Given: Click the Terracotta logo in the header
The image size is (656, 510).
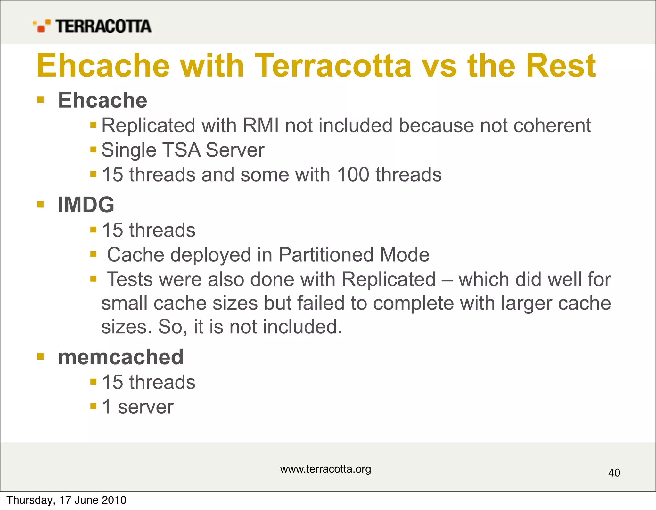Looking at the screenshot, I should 92,26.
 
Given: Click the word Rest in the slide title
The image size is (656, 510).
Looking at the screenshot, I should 561,66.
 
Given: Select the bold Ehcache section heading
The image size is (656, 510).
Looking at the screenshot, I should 102,100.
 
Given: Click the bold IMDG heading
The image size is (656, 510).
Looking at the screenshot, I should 86,205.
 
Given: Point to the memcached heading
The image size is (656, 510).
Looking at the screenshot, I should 121,357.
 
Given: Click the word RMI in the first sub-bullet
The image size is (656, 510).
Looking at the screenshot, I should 260,125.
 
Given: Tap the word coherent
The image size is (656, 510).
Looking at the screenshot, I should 552,125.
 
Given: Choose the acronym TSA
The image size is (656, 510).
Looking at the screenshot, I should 182,150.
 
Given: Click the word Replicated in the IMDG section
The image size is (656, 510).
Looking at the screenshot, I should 389,279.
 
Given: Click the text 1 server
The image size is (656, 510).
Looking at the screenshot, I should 137,407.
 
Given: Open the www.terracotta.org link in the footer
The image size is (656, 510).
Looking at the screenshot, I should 325,469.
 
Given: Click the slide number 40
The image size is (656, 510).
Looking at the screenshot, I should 614,473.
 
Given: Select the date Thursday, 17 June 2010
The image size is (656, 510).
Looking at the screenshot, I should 67,500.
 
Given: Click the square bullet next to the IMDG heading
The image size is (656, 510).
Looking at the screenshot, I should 40,204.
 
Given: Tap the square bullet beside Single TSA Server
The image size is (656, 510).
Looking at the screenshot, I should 93,150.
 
